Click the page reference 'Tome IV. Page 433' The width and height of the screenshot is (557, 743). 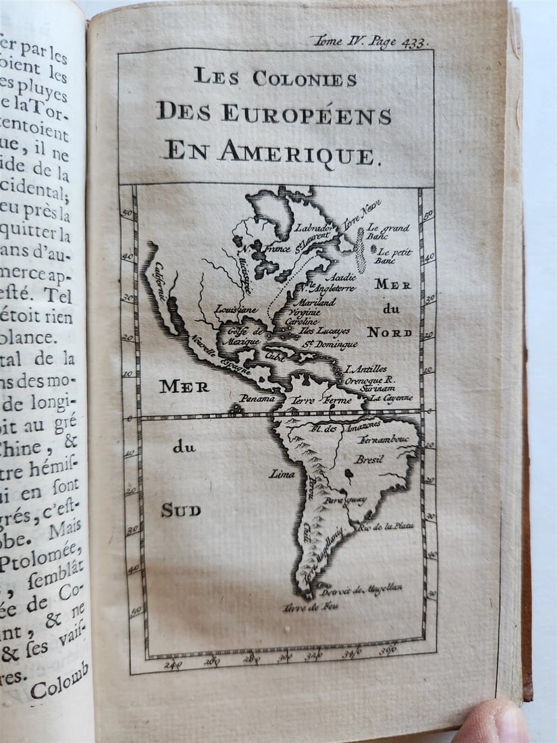coord(370,42)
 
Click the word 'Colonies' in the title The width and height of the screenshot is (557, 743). coord(304,78)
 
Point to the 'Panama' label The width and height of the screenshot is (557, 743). coord(259,399)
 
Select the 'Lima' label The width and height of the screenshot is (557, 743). coord(282,473)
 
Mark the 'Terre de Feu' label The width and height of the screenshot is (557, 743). coord(311,607)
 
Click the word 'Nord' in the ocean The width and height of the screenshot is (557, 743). coord(390,332)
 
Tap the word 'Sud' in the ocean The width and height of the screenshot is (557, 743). coord(180,511)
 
